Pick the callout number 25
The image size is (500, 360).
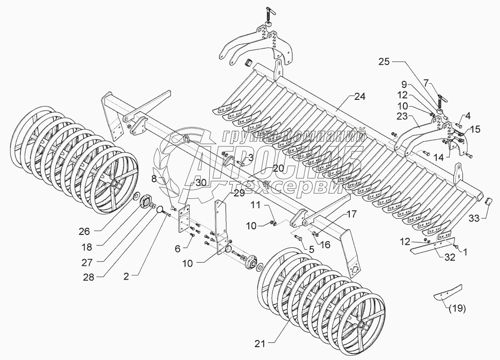[385, 62]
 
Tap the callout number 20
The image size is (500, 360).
[278, 168]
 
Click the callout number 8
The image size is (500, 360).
[154, 179]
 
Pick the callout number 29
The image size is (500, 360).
[238, 192]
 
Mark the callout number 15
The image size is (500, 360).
[476, 128]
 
